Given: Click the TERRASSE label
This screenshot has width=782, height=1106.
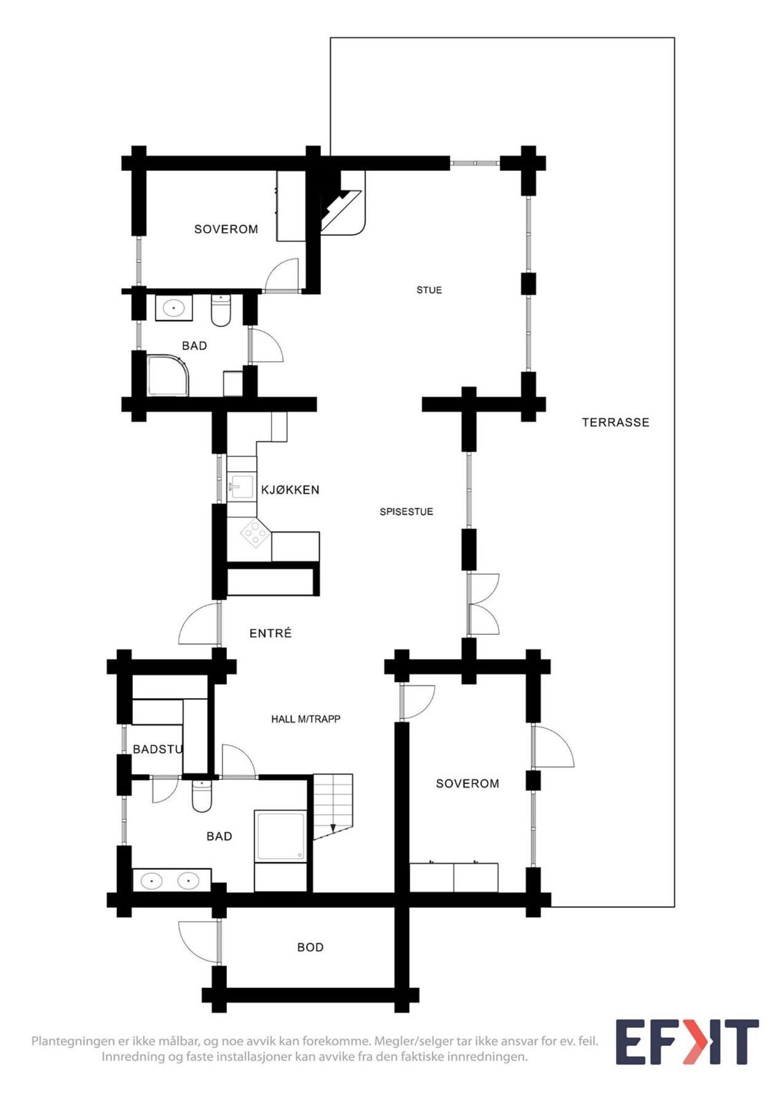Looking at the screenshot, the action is [615, 422].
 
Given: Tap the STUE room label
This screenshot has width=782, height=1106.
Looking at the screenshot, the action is [429, 290].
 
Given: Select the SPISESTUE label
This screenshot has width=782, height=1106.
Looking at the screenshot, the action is [406, 511].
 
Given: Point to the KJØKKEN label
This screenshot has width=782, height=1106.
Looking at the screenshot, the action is [290, 490].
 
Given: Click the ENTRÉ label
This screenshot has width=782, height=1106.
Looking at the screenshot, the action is [271, 633].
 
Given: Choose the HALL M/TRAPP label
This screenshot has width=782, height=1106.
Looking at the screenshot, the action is [306, 719].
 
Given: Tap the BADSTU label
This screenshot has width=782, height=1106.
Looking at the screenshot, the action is [158, 749].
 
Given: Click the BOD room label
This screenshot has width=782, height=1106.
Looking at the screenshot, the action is [310, 947].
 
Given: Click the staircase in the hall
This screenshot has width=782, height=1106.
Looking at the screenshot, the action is [333, 806].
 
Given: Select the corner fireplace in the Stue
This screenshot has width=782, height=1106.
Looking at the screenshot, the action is [342, 203].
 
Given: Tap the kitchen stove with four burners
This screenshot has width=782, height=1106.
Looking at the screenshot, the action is [255, 533].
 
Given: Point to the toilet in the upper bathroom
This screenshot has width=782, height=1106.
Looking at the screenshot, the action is [221, 310].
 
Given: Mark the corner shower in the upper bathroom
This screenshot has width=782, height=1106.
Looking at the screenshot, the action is [168, 375].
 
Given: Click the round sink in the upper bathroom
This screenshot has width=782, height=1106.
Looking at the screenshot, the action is [174, 307].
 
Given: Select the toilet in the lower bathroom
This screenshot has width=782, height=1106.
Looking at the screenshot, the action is [202, 796].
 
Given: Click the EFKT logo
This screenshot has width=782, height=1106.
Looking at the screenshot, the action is [687, 1042].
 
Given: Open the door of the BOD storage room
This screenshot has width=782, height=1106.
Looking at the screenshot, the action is [199, 941].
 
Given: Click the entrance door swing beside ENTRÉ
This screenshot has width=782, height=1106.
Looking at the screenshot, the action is [199, 623].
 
